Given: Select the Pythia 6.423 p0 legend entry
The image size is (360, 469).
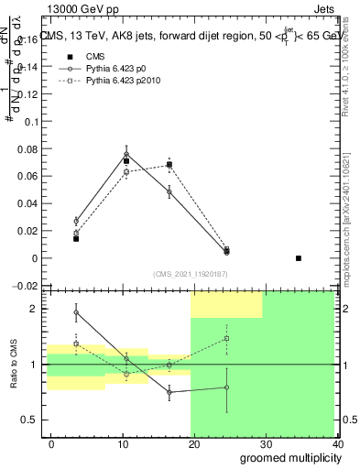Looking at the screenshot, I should (x=107, y=69).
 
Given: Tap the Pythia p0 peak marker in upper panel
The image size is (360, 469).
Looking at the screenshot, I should (x=126, y=155).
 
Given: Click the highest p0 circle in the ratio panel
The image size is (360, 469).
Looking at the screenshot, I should (x=76, y=312).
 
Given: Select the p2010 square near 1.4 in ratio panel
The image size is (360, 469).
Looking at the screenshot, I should (x=226, y=339).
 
